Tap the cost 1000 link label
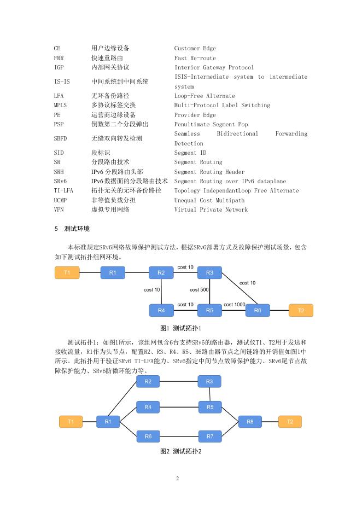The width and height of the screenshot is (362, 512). [234, 304]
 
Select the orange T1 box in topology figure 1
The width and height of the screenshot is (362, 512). [67, 272]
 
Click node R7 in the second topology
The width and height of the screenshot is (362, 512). [209, 437]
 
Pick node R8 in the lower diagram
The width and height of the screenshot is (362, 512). [250, 422]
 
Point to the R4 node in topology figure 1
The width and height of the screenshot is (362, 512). [161, 310]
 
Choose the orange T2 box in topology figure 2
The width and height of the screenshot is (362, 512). [290, 422]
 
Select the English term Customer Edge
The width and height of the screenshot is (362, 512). [195, 49]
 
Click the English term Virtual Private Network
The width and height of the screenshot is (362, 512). [211, 210]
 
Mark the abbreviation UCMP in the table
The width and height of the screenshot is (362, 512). [60, 200]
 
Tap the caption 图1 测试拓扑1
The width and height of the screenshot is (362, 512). [180, 328]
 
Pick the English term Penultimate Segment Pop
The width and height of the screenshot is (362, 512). [211, 124]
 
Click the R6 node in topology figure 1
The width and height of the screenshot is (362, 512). [258, 310]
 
